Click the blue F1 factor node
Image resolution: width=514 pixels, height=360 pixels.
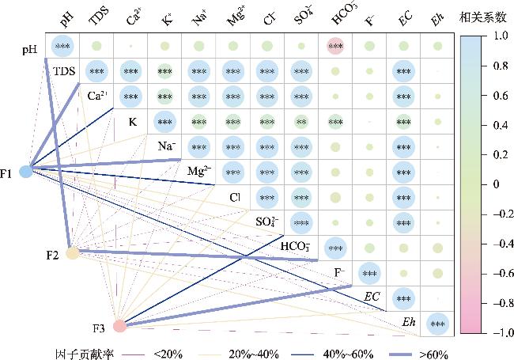[x=26, y=171]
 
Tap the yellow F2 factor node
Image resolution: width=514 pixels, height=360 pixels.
[x=73, y=253]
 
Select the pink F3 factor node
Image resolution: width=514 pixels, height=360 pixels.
[x=119, y=325]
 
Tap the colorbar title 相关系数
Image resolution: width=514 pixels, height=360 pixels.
[x=480, y=16]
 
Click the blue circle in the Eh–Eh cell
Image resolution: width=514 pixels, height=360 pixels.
[x=437, y=324]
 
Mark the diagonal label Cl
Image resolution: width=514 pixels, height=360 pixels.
[x=235, y=197]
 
